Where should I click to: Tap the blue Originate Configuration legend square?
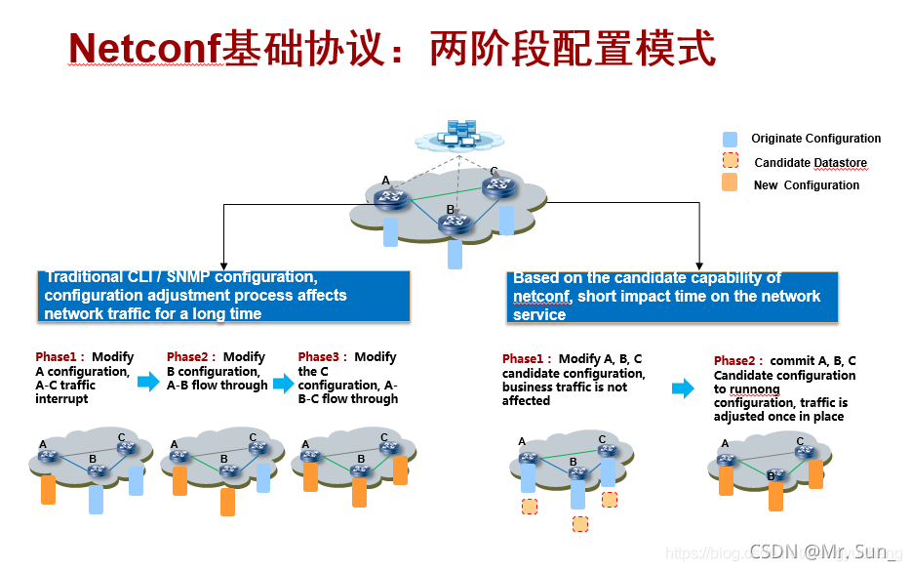[731, 139]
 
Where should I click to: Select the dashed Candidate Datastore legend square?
[731, 162]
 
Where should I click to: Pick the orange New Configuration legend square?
[731, 184]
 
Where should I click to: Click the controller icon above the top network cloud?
[459, 134]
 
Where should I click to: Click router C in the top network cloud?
[500, 186]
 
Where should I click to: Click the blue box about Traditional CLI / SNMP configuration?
[224, 296]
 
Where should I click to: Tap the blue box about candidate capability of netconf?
[673, 297]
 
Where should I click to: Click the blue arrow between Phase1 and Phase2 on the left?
[148, 383]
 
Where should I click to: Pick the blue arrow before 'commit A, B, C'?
[683, 388]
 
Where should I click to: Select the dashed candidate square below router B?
[580, 524]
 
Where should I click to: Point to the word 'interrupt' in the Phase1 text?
[62, 398]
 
